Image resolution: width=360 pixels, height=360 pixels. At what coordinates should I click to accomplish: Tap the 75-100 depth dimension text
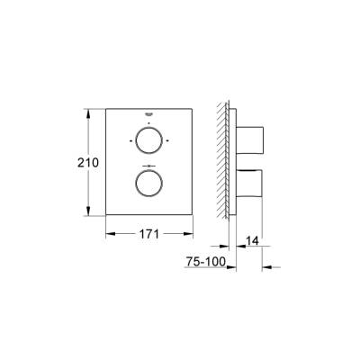(x=205, y=262)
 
